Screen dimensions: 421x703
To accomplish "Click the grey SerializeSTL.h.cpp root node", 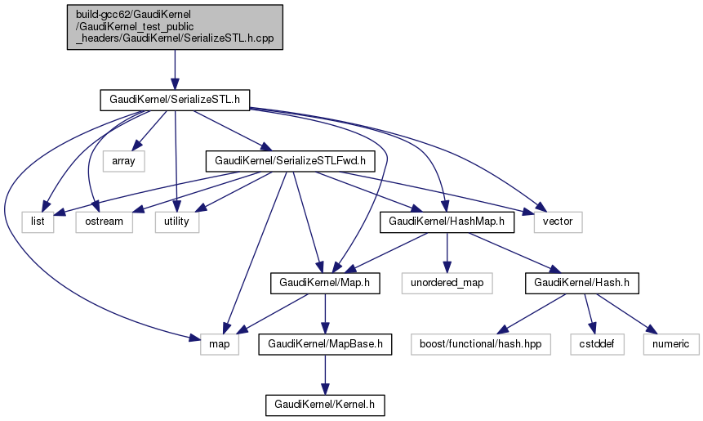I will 175,28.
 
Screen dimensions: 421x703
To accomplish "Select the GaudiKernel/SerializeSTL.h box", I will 174,100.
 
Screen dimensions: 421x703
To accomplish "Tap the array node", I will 123,161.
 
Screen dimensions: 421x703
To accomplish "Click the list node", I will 38,222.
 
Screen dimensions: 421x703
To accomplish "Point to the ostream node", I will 104,222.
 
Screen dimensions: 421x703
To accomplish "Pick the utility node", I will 177,222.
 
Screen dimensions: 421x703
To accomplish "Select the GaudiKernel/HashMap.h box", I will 447,222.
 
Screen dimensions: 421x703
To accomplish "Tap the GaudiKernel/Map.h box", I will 326,284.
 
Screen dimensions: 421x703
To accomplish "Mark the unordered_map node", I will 447,284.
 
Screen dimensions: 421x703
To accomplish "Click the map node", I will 220,344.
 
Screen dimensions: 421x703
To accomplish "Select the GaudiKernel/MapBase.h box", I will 326,344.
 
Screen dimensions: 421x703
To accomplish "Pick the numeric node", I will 670,344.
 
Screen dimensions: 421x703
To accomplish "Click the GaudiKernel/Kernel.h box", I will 326,405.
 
